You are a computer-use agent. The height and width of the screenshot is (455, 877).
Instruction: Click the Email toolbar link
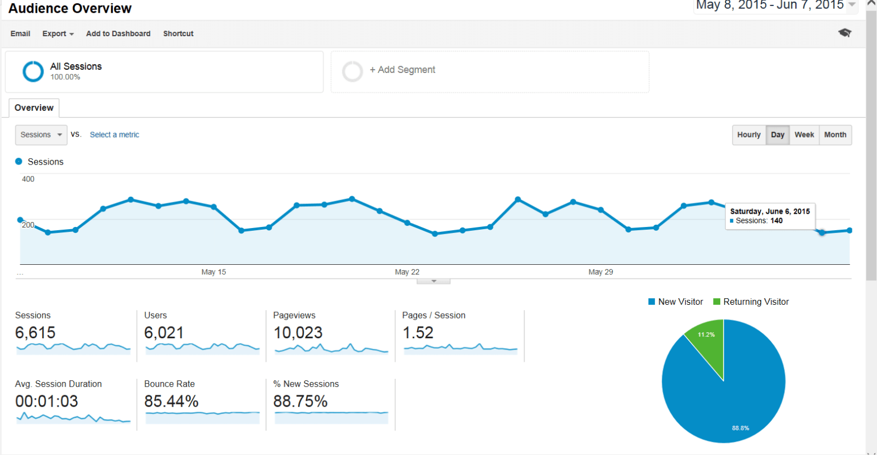[20, 33]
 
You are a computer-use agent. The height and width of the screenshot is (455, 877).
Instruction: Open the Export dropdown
[58, 33]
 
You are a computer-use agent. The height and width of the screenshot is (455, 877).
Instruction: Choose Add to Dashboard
[118, 33]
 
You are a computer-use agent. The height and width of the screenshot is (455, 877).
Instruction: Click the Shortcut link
[178, 33]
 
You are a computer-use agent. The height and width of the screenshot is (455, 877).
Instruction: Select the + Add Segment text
[402, 70]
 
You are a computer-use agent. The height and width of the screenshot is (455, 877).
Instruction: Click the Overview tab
[34, 108]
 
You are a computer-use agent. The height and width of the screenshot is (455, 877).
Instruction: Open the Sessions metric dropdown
[41, 135]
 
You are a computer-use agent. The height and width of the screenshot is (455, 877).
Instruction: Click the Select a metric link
[115, 135]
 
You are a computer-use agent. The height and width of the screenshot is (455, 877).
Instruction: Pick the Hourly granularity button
[749, 135]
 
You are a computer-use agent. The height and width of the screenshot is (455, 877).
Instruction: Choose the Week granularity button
[804, 135]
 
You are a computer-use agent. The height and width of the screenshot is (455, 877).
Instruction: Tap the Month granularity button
[835, 135]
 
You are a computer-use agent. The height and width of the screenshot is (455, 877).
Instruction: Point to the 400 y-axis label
[28, 179]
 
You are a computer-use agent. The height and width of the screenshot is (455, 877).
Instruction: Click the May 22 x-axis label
[407, 272]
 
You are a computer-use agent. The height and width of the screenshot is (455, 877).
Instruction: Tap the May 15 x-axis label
[214, 272]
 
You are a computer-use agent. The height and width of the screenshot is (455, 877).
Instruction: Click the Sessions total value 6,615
[36, 333]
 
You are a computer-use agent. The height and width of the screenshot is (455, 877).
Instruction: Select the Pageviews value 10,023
[298, 333]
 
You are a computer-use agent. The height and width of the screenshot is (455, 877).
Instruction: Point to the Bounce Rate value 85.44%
[171, 401]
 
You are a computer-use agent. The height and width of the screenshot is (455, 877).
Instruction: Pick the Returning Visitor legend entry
[751, 302]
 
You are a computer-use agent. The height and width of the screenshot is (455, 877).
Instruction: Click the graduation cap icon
[845, 33]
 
